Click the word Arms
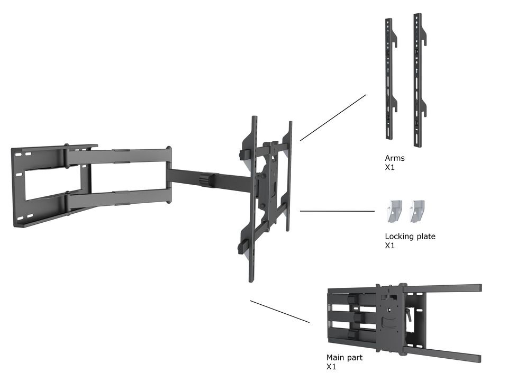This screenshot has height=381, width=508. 394,158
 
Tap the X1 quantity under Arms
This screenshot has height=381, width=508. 389,167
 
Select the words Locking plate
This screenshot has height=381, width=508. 410,237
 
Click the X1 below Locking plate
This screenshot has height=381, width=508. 389,246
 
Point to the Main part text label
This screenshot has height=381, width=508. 344,358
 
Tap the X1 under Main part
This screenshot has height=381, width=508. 331,367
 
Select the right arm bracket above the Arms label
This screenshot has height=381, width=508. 419,79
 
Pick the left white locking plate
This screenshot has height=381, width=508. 395,211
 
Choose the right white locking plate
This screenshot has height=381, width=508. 418,211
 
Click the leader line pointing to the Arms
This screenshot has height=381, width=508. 333,117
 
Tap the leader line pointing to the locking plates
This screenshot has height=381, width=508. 337,211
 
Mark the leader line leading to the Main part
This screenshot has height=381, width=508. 279,312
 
